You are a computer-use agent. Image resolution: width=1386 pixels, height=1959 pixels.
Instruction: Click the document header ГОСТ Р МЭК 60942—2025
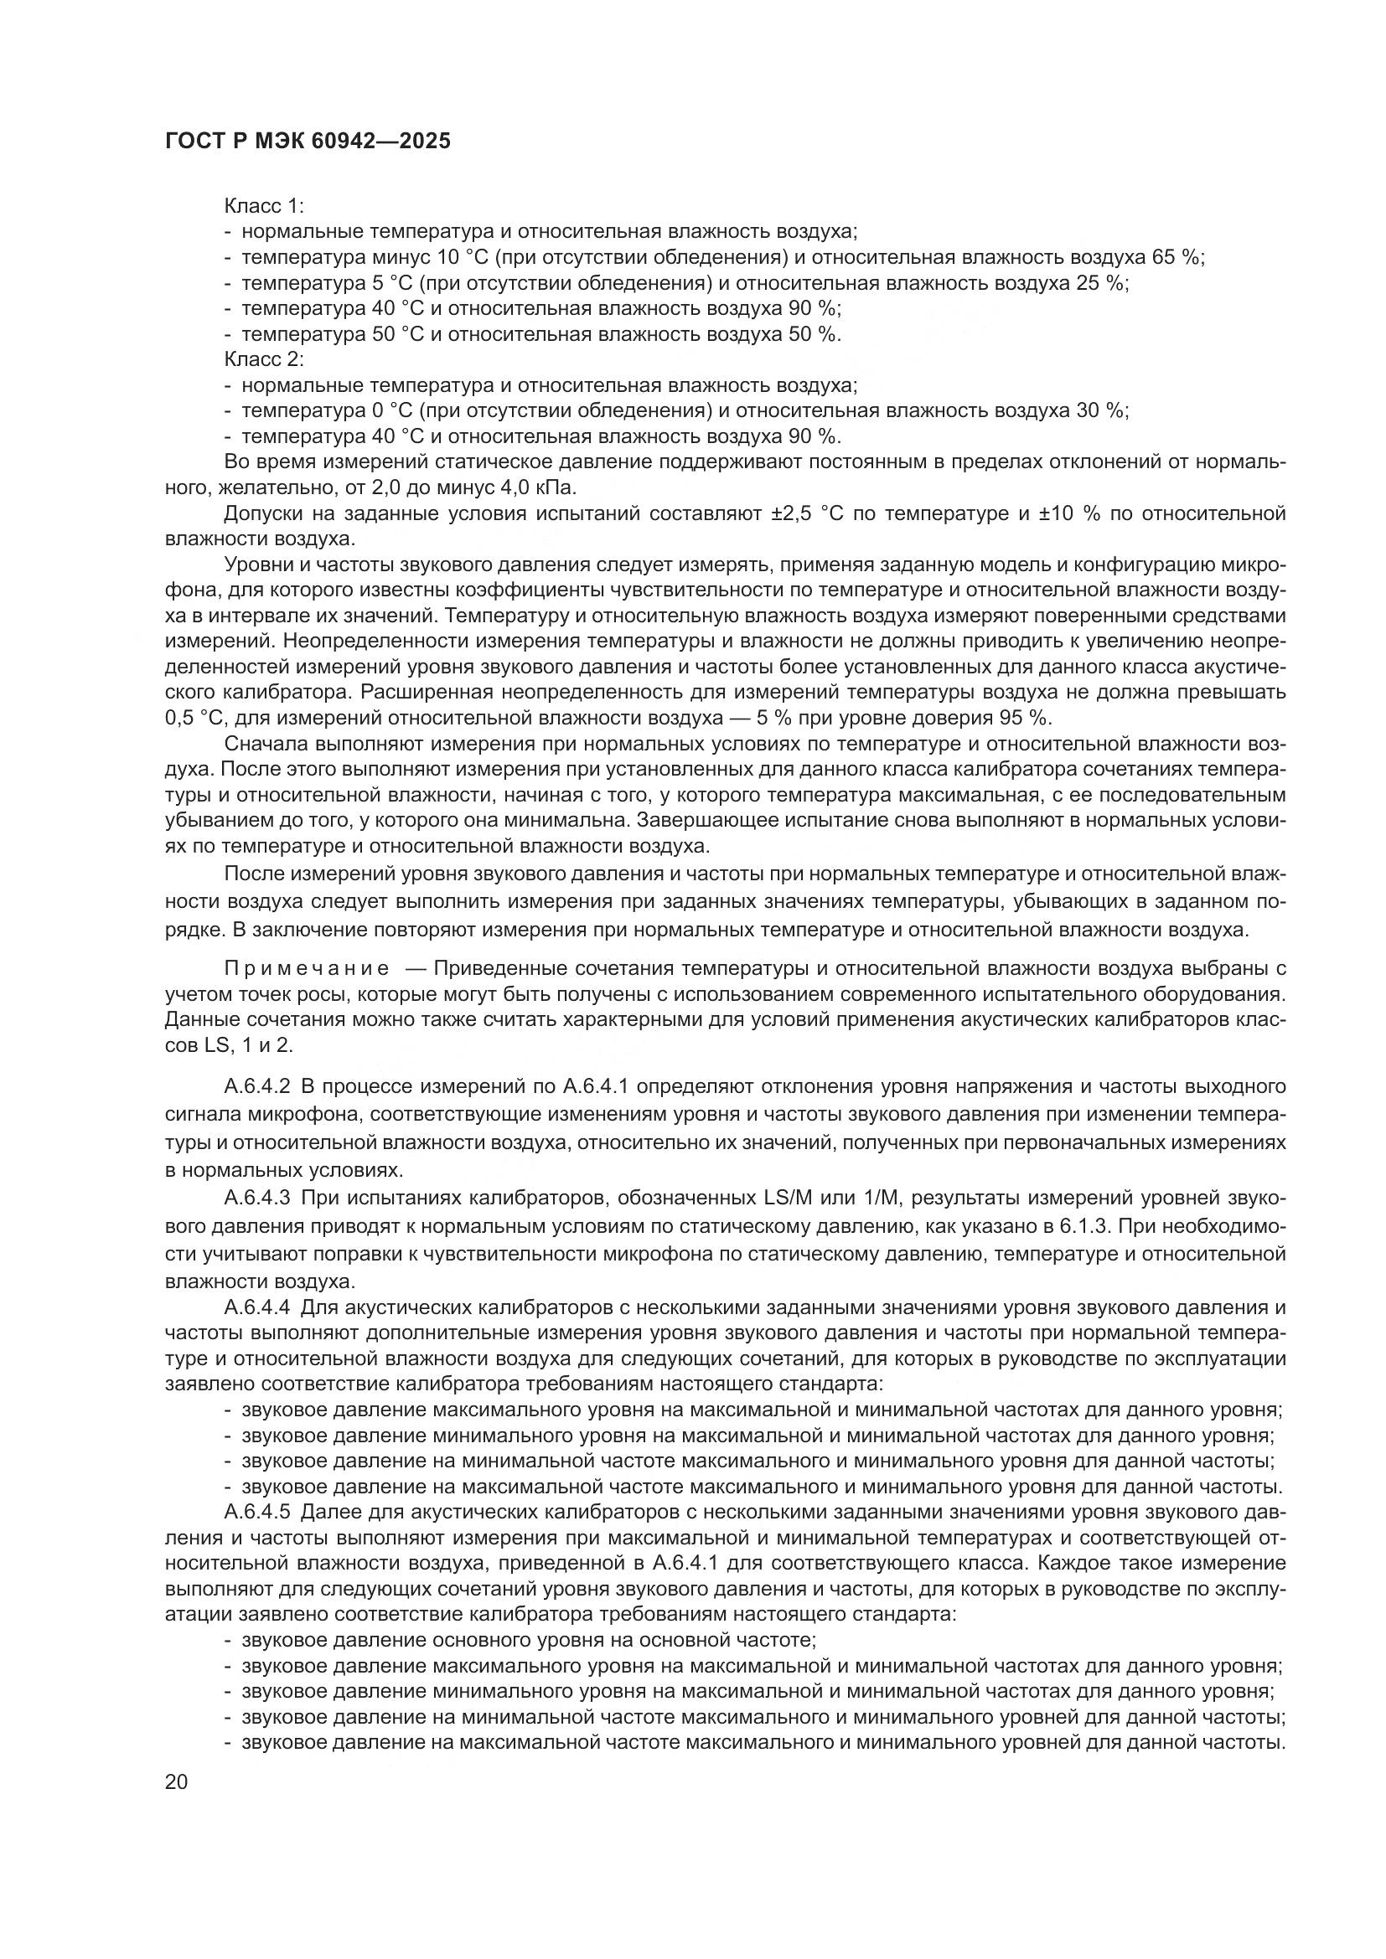click(x=308, y=142)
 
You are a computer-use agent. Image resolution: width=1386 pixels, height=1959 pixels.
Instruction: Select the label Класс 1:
click(x=264, y=207)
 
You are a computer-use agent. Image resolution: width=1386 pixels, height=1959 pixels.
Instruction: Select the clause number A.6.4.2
click(x=257, y=1087)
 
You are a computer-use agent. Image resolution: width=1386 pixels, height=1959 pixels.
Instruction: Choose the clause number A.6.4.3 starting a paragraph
click(x=257, y=1199)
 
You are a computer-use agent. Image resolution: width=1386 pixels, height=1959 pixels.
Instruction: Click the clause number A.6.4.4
click(x=257, y=1308)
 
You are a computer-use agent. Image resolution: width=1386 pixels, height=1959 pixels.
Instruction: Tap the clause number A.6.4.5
click(x=257, y=1513)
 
